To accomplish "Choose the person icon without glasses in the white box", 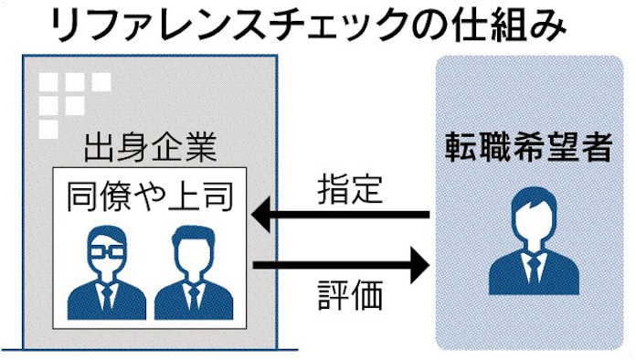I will tap(193, 273).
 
